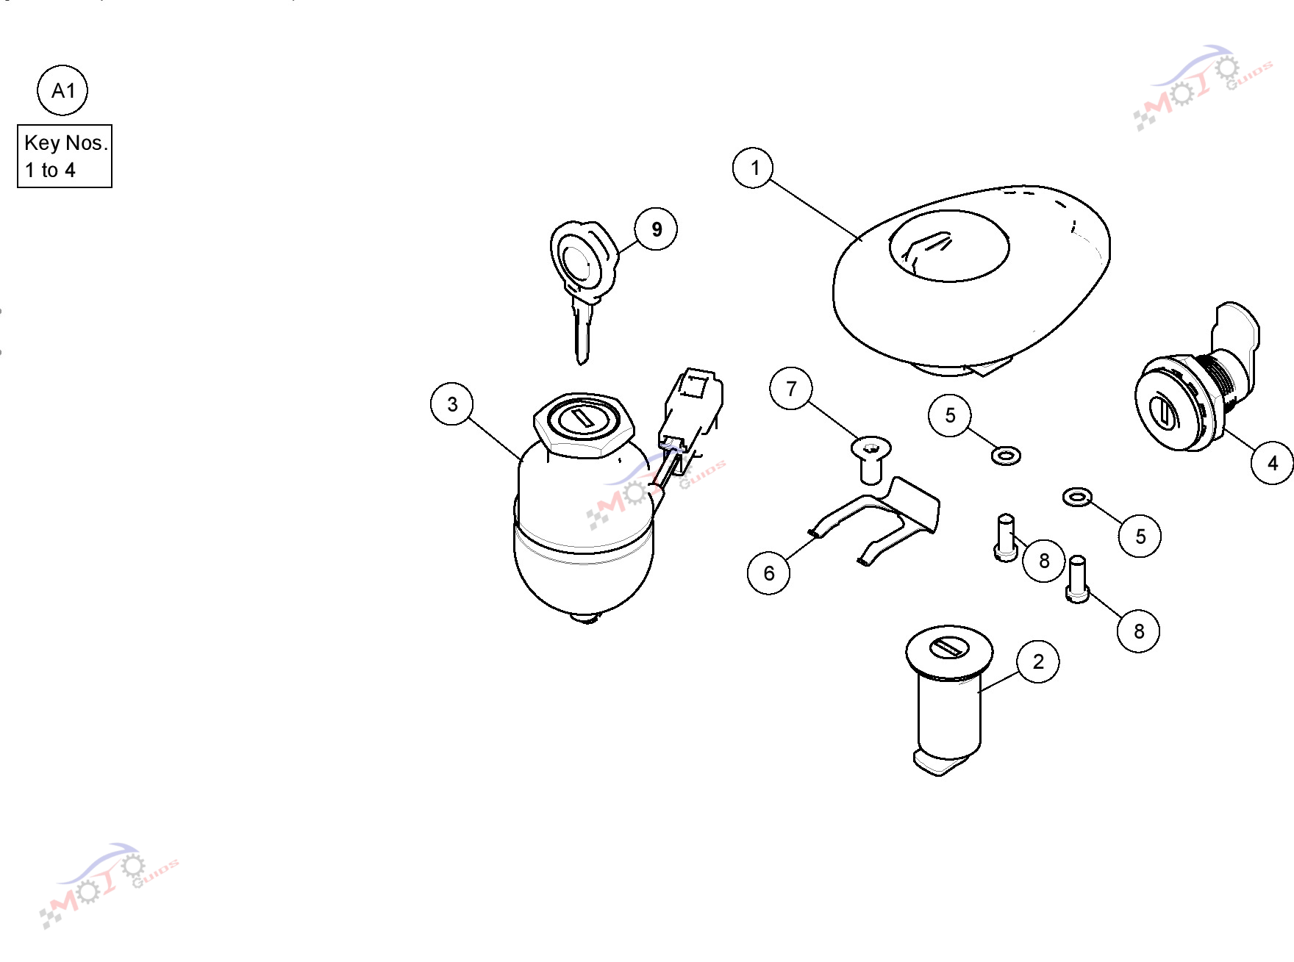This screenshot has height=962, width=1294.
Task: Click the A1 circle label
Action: point(62,90)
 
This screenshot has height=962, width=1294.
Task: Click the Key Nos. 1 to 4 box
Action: point(65,156)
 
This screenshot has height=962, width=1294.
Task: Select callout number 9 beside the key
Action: point(656,229)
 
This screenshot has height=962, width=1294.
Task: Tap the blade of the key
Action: point(582,331)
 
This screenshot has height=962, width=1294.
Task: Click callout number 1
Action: point(754,168)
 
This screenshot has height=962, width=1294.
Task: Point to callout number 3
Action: point(452,403)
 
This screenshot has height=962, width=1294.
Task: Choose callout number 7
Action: point(791,388)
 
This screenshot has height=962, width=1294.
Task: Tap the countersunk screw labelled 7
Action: point(871,460)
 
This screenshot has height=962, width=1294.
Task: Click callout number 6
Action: point(769,572)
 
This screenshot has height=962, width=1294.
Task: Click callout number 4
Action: point(1272,463)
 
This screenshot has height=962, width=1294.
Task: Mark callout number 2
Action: point(1038,661)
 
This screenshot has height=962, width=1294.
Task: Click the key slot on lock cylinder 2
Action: point(949,647)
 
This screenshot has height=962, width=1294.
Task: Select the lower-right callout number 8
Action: point(1138,631)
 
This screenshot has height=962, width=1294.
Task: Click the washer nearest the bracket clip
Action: point(1006,456)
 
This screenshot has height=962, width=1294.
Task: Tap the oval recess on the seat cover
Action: point(949,245)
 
